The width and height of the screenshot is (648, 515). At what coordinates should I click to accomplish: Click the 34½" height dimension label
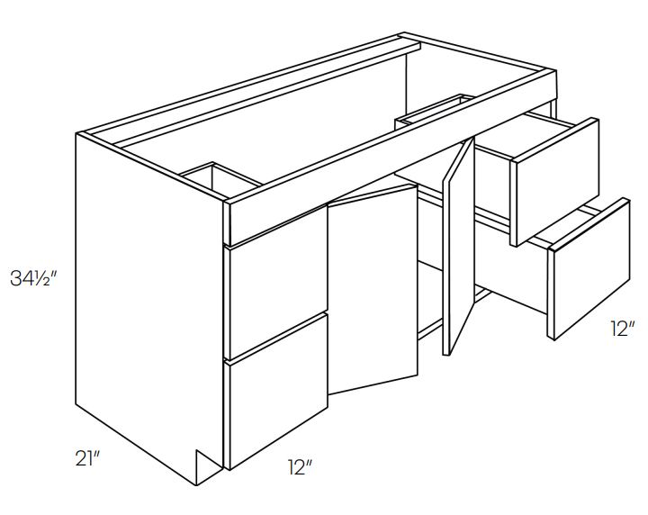(32, 278)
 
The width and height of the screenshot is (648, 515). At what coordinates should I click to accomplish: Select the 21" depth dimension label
(87, 458)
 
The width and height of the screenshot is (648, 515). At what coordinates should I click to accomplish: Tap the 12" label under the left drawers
(299, 467)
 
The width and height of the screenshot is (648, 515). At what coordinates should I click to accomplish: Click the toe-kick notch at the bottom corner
(208, 467)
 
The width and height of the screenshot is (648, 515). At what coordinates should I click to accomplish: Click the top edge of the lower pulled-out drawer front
(589, 225)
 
